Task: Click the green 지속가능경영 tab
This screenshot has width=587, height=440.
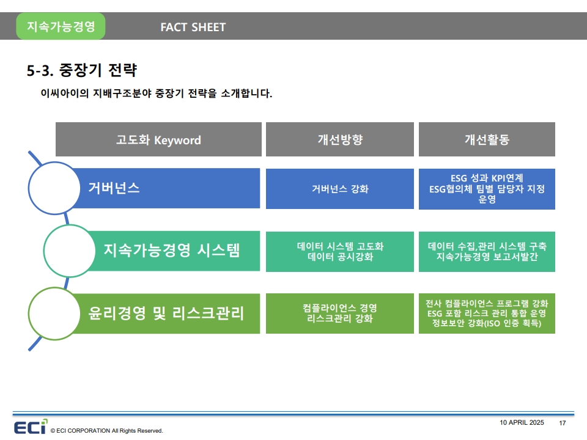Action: (x=61, y=26)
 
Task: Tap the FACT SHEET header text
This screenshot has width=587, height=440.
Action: (x=193, y=28)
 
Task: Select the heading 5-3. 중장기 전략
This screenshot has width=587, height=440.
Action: (x=82, y=70)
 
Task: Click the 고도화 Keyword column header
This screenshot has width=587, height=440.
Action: (x=158, y=139)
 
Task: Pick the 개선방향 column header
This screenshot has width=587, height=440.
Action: (x=340, y=139)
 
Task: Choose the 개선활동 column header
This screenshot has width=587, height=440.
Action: (x=487, y=139)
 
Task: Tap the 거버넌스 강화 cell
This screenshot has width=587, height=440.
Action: (x=340, y=189)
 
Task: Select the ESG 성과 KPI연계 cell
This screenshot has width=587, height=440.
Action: (x=487, y=189)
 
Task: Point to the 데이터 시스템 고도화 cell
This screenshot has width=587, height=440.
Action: (x=340, y=251)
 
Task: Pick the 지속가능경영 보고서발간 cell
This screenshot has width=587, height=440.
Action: (x=487, y=251)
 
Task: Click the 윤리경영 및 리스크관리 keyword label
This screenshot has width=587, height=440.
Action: (x=166, y=313)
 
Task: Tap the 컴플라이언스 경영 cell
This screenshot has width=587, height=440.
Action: (x=340, y=313)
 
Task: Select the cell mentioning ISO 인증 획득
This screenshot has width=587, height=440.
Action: (x=487, y=313)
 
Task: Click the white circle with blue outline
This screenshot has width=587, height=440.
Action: (x=54, y=188)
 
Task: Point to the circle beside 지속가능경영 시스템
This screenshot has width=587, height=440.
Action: (x=70, y=251)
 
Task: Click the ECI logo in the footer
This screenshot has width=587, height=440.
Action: (x=31, y=427)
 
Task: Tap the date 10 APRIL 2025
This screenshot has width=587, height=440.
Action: (x=522, y=422)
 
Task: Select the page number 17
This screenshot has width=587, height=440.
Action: (x=563, y=423)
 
